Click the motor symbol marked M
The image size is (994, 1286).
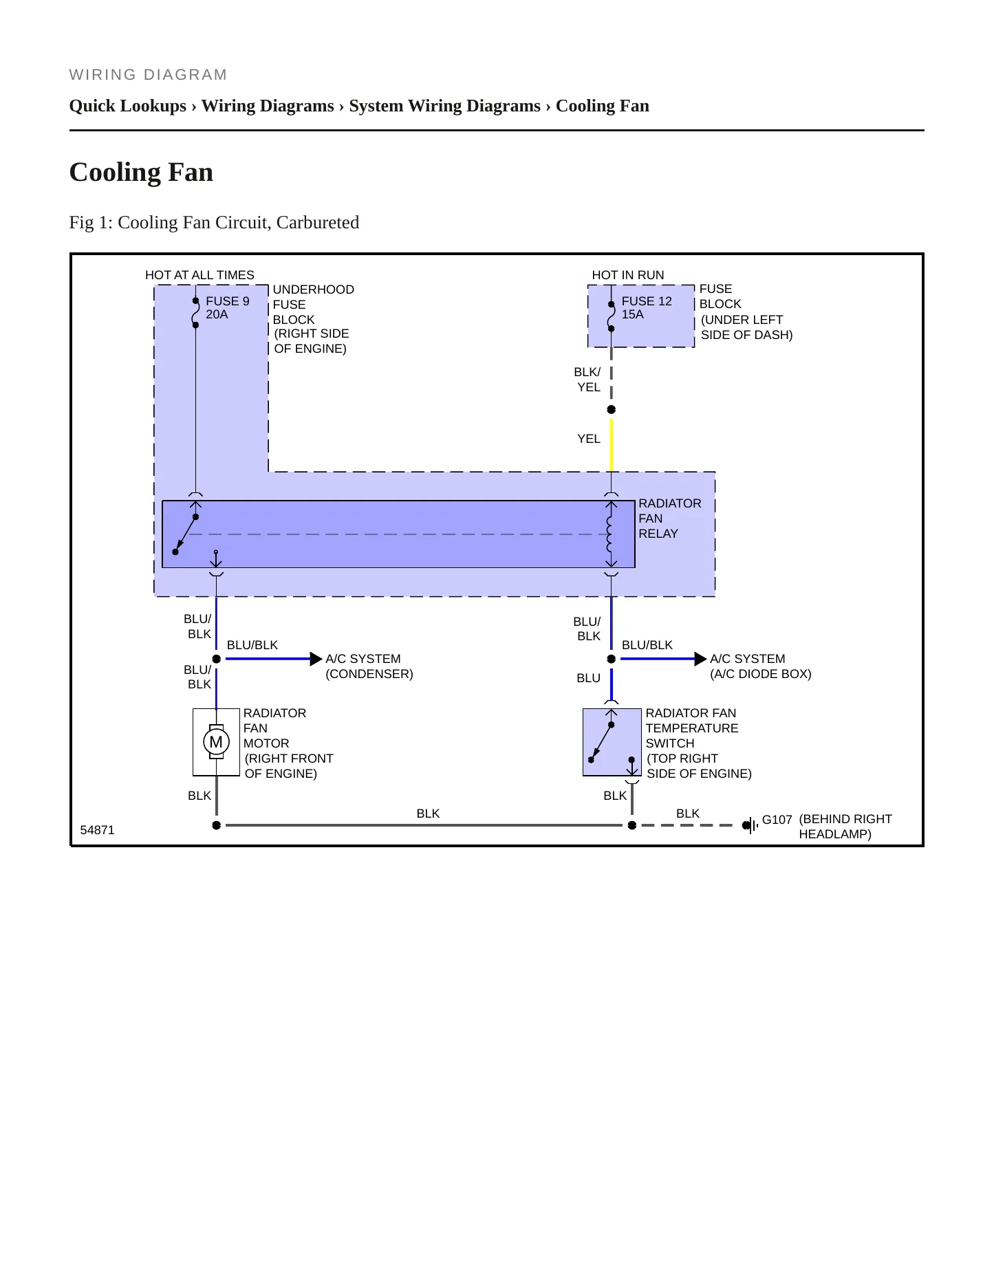[x=216, y=742]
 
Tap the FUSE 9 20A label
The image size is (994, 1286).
[x=228, y=307]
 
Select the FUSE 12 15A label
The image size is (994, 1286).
[x=647, y=307]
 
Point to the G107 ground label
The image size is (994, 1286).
[x=777, y=820]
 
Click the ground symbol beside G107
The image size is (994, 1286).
[x=750, y=825]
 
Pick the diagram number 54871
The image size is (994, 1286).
[x=98, y=830]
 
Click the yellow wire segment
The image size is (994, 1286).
[x=612, y=446]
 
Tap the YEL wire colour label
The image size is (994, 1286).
[x=589, y=439]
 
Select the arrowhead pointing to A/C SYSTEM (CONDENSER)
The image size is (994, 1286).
[x=316, y=659]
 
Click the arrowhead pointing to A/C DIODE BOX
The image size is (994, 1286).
[x=700, y=659]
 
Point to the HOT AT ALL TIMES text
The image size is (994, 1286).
[x=199, y=275]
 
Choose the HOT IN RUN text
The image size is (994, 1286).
[x=628, y=275]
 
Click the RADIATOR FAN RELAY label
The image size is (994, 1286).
[x=670, y=519]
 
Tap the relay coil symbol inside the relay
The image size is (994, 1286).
[x=609, y=534]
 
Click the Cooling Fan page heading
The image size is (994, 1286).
[x=141, y=172]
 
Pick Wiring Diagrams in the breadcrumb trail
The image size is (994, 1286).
[x=268, y=106]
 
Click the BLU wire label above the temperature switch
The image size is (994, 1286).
[x=589, y=678]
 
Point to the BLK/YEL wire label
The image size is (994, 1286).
[x=587, y=380]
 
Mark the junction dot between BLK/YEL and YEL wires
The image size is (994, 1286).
[x=612, y=410]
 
